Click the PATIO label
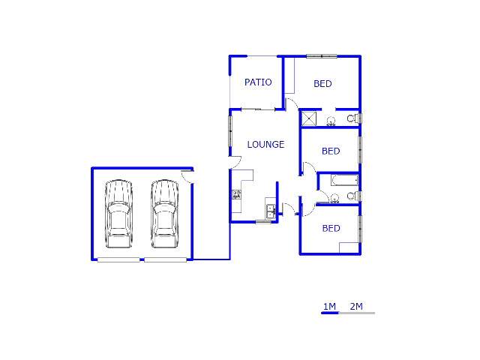[x=258, y=82]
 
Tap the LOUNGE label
[x=265, y=145]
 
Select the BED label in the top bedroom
[x=322, y=84]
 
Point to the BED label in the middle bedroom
[x=331, y=151]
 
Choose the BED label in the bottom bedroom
[x=331, y=229]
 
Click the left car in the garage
[x=118, y=214]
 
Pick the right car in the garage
[x=163, y=214]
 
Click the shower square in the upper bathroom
[x=309, y=118]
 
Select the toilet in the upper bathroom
[x=352, y=118]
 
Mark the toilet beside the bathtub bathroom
[x=352, y=196]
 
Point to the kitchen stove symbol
[x=236, y=194]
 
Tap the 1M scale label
[x=329, y=306]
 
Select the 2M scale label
[x=356, y=306]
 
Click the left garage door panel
[x=118, y=259]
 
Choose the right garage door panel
[x=166, y=259]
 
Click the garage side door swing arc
[x=187, y=177]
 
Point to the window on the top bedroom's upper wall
[x=322, y=55]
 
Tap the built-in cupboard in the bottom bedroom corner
[x=349, y=247]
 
